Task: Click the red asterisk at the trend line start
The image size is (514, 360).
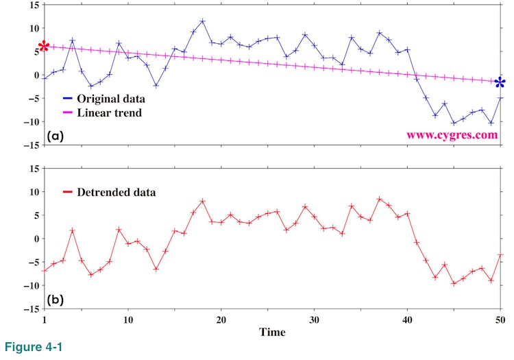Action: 44,47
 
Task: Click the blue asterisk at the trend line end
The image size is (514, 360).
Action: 500,83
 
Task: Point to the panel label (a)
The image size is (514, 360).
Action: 56,136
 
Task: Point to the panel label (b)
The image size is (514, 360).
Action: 56,300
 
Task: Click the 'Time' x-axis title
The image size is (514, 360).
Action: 272,332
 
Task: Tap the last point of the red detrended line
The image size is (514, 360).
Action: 500,255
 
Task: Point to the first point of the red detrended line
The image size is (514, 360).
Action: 45,270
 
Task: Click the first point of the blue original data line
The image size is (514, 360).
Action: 45,78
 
